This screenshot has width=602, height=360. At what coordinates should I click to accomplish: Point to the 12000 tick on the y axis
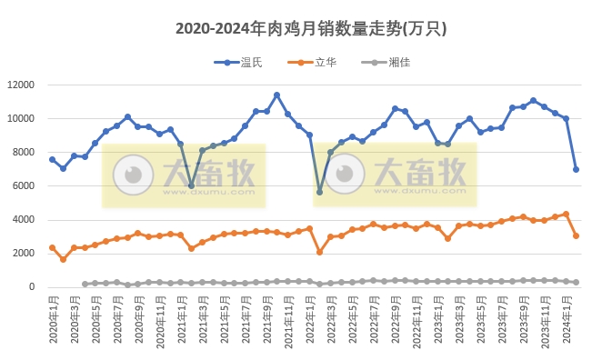(x=20, y=85)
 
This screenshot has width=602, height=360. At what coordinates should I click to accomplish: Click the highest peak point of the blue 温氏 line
(x=277, y=95)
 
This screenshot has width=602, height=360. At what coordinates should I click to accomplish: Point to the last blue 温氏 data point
(x=577, y=169)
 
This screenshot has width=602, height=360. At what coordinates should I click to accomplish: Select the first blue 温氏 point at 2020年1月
(x=53, y=159)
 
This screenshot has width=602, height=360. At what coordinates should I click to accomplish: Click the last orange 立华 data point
(x=577, y=235)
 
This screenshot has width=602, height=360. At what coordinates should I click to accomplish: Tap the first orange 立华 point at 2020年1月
(x=53, y=247)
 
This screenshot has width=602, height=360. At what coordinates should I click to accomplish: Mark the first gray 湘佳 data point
(x=85, y=284)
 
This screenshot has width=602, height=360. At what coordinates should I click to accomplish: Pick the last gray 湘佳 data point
(x=577, y=282)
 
